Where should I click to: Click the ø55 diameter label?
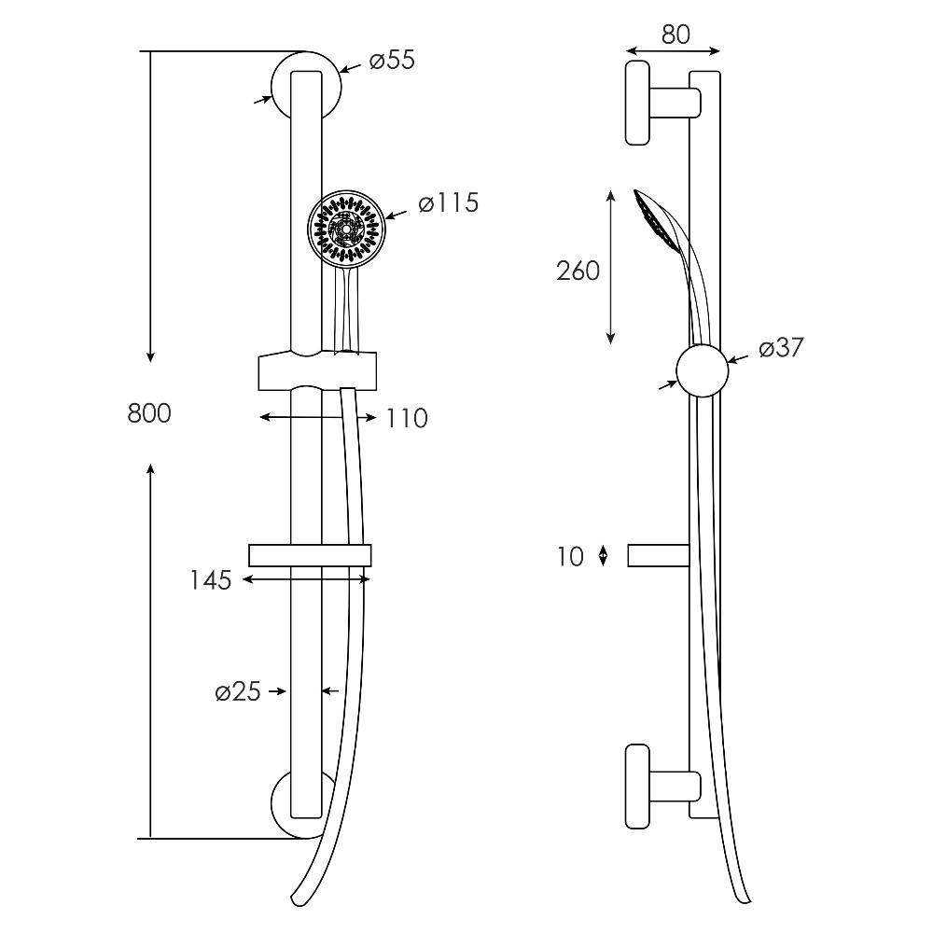click(x=392, y=60)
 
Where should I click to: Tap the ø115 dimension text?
click(x=448, y=203)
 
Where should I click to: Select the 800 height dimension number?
click(x=149, y=413)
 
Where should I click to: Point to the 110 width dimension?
click(x=407, y=418)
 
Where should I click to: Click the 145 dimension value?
click(x=210, y=580)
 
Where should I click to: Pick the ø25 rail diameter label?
click(x=238, y=691)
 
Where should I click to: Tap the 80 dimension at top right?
click(x=675, y=35)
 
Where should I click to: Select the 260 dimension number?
click(x=578, y=271)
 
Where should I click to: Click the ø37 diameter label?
click(x=781, y=347)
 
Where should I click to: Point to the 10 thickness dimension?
click(x=570, y=557)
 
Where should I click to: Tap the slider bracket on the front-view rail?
click(x=317, y=371)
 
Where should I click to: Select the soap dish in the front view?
click(x=310, y=555)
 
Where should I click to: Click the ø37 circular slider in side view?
click(x=703, y=370)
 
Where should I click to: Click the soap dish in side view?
click(x=659, y=555)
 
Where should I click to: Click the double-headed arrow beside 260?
click(x=610, y=267)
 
